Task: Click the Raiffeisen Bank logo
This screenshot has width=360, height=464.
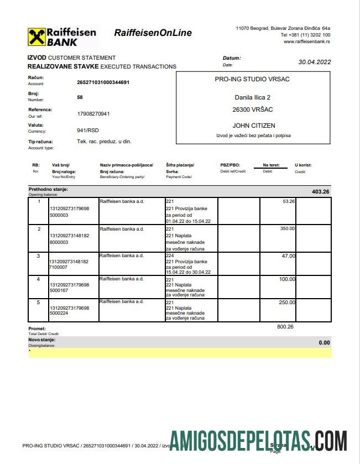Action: [62, 37]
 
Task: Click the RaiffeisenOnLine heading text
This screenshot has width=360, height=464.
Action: [153, 33]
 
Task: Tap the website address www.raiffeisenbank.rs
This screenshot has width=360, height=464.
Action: [307, 41]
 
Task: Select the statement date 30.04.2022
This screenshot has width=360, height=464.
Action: [314, 62]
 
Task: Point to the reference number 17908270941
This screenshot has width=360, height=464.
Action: [93, 114]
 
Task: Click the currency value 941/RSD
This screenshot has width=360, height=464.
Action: [88, 131]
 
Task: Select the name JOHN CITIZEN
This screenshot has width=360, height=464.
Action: [254, 126]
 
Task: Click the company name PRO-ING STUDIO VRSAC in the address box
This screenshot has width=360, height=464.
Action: [252, 79]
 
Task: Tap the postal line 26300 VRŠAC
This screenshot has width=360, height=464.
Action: [253, 110]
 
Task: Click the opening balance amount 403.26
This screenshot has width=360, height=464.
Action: [320, 192]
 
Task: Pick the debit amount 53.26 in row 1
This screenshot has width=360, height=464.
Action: [289, 201]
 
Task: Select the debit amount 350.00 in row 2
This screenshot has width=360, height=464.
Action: [287, 228]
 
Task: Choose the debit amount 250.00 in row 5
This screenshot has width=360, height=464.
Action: [287, 303]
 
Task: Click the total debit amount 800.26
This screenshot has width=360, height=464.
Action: [285, 327]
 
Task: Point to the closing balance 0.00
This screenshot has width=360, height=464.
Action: [324, 343]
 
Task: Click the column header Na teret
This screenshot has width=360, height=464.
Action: [271, 165]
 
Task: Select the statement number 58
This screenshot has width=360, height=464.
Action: [80, 97]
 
